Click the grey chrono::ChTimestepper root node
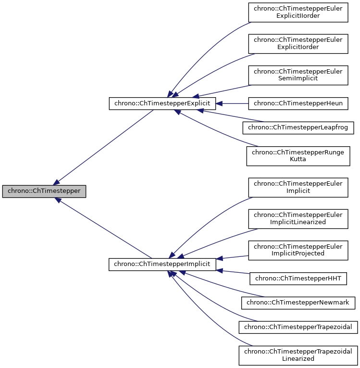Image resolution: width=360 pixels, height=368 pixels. tap(44, 191)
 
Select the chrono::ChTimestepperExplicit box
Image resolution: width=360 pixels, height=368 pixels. tap(162, 103)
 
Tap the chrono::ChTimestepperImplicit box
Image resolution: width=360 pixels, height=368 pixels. tap(162, 265)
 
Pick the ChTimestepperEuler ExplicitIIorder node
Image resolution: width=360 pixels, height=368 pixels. tap(298, 12)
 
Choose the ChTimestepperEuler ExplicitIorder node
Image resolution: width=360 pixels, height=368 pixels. tap(298, 43)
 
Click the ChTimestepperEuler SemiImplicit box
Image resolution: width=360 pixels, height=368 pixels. tap(298, 75)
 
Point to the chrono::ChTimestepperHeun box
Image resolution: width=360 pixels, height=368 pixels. tap(298, 103)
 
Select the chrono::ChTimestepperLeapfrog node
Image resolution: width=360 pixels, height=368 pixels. tap(298, 127)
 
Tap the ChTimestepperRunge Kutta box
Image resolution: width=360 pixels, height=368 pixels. tap(298, 155)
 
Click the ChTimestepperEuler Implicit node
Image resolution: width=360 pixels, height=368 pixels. tap(298, 187)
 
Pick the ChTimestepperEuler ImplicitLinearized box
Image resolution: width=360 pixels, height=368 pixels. tap(298, 218)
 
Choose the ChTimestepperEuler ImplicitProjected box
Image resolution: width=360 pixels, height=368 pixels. tap(298, 250)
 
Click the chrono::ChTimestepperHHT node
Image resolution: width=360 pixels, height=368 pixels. tap(298, 279)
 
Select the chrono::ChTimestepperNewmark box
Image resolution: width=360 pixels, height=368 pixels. tap(298, 303)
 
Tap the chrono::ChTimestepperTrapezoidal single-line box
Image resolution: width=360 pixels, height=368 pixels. tap(298, 327)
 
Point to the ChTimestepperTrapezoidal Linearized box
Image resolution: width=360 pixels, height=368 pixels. tap(298, 355)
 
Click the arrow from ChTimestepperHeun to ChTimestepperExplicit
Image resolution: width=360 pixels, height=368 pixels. tap(233, 103)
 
